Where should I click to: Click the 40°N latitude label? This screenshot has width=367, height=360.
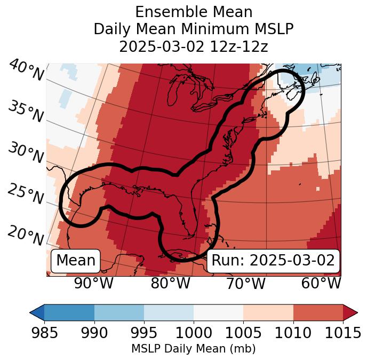coord(26,71)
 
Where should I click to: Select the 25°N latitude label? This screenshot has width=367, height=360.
coord(25,194)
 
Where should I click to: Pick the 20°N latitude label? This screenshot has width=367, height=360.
coord(25,235)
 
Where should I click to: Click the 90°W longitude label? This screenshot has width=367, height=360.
coord(94,283)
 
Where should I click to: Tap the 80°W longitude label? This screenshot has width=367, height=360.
coord(170,283)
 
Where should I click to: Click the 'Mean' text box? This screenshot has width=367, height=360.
coord(76,261)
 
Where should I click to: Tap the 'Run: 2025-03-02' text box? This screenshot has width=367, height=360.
coord(273,261)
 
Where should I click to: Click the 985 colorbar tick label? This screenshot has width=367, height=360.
coord(44,333)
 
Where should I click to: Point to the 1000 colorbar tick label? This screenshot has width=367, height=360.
coord(194,333)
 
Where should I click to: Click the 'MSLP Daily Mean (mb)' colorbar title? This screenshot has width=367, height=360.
coord(193,349)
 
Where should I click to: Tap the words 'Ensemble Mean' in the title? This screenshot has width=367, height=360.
coord(193,12)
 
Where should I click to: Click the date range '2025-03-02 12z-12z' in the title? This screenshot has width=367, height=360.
coord(193,46)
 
